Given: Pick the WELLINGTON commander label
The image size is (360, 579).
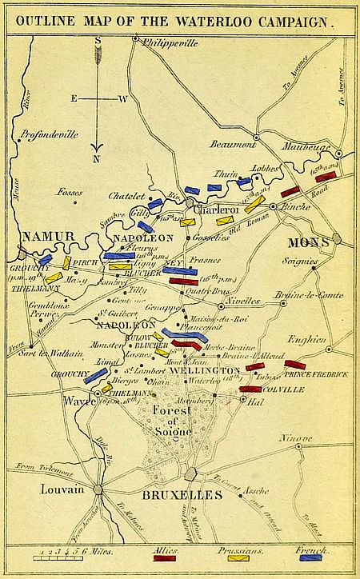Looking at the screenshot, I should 206,371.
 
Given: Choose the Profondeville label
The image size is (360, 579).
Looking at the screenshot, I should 50,134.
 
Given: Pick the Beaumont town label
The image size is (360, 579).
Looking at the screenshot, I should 233,144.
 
